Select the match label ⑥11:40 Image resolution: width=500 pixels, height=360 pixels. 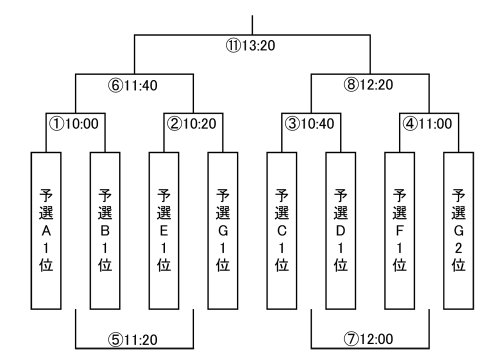[x=133, y=85]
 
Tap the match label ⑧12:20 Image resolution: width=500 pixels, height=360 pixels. [x=369, y=85]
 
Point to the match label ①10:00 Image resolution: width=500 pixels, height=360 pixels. [x=75, y=122]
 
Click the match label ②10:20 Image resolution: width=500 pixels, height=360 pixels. [x=192, y=122]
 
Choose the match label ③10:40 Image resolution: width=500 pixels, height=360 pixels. [x=310, y=122]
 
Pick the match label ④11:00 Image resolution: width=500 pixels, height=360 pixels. [x=428, y=122]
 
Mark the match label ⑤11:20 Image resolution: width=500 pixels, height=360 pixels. [x=133, y=340]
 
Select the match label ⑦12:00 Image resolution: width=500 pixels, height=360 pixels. [x=369, y=340]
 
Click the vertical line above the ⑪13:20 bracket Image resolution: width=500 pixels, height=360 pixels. [x=252, y=25]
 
